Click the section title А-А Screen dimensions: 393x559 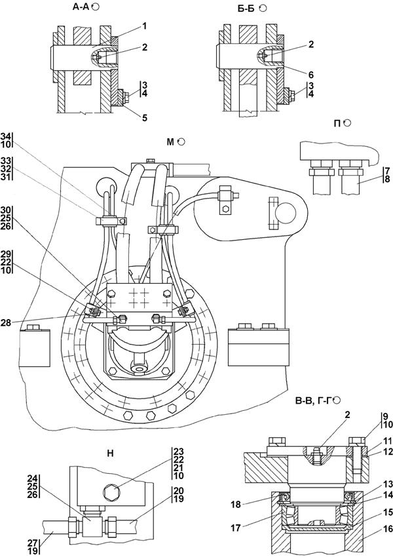pos(81,7)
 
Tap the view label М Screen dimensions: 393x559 pos(171,142)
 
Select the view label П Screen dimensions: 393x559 pos(337,123)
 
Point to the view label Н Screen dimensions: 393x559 pos(111,454)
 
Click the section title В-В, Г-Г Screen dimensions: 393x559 pos(313,400)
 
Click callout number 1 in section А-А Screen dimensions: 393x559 pos(145,26)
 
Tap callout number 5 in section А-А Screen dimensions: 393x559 pos(145,118)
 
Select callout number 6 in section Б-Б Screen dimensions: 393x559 pos(311,75)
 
